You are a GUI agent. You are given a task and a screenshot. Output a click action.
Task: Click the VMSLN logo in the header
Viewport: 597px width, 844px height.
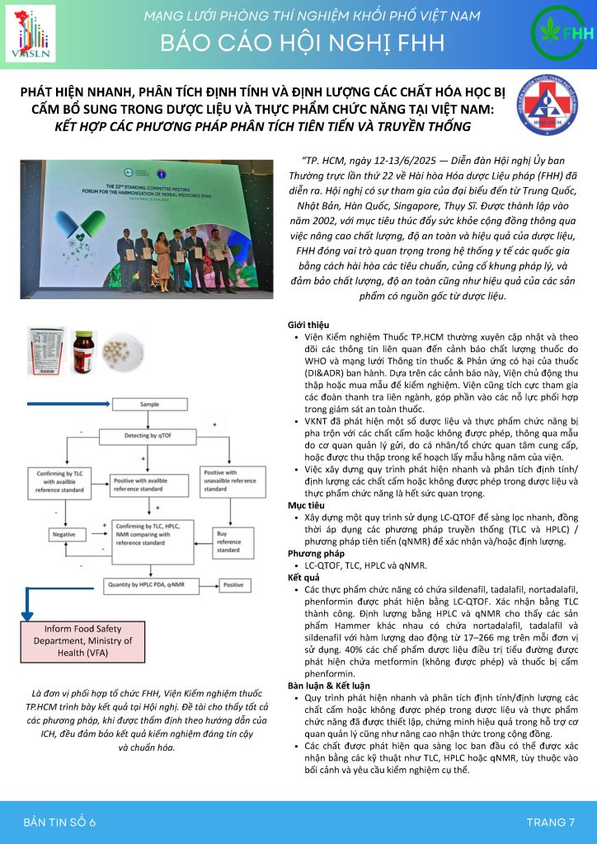point(30,33)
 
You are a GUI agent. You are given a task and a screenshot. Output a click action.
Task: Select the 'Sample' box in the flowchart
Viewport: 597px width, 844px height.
point(149,405)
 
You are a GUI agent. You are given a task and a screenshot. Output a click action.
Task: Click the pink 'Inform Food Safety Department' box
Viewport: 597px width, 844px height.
point(70,640)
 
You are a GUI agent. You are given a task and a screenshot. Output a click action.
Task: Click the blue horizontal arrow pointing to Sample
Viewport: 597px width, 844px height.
point(74,405)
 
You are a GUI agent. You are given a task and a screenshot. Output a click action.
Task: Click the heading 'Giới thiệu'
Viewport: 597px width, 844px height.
point(308,325)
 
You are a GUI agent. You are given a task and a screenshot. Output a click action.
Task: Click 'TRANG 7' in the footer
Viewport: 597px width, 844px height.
point(550,822)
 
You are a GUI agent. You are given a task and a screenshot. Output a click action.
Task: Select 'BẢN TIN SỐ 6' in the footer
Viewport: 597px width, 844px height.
point(59,822)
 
